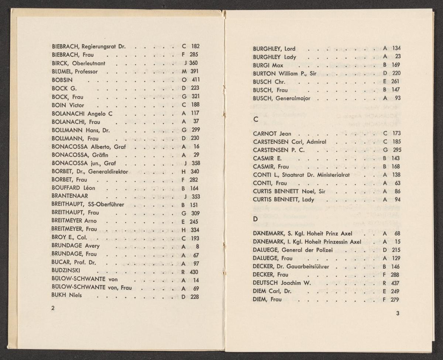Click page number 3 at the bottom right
pos(398,314)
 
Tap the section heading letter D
pos(255,219)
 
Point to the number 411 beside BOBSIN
pos(195,80)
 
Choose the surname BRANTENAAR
pos(70,196)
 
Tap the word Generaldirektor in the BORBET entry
pos(108,172)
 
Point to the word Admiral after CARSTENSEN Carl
pos(314,142)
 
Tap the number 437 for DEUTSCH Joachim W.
pos(395,283)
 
